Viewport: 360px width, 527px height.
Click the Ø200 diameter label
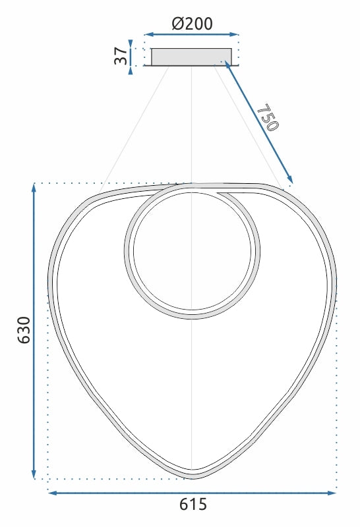192,24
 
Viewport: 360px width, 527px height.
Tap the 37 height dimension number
121,56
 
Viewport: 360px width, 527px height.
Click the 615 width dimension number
193,505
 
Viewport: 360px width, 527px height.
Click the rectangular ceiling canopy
191,57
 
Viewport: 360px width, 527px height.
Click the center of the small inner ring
192,251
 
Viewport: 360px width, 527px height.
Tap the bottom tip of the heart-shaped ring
192,474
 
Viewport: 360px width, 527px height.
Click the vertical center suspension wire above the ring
191,125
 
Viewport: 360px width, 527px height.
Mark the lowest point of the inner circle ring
192,316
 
